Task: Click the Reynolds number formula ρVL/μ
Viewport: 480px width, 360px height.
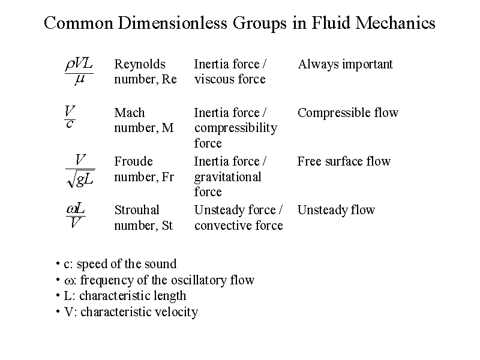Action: click(x=79, y=71)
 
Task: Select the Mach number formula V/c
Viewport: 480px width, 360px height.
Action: click(x=70, y=116)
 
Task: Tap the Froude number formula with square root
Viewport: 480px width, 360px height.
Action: click(x=80, y=170)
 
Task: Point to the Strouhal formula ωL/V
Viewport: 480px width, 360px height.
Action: click(x=76, y=215)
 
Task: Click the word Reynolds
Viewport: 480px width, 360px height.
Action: click(x=140, y=65)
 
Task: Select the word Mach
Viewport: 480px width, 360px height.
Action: click(x=130, y=113)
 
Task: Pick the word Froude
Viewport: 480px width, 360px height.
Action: click(x=133, y=161)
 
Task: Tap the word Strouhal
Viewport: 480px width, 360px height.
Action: click(x=137, y=210)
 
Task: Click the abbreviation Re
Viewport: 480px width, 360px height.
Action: click(x=169, y=79)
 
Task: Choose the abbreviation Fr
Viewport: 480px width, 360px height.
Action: click(x=168, y=177)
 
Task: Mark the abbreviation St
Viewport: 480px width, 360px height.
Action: click(x=167, y=226)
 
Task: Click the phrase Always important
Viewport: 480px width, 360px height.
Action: click(x=346, y=65)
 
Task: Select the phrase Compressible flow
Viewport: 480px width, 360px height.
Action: click(x=348, y=113)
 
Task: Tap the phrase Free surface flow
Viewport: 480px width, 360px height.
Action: click(x=344, y=161)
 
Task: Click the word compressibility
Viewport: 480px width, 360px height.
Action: click(x=236, y=128)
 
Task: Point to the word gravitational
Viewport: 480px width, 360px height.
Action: click(x=228, y=177)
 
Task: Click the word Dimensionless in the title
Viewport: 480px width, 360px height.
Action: click(x=172, y=23)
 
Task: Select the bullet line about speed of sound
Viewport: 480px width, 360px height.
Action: click(x=116, y=264)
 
